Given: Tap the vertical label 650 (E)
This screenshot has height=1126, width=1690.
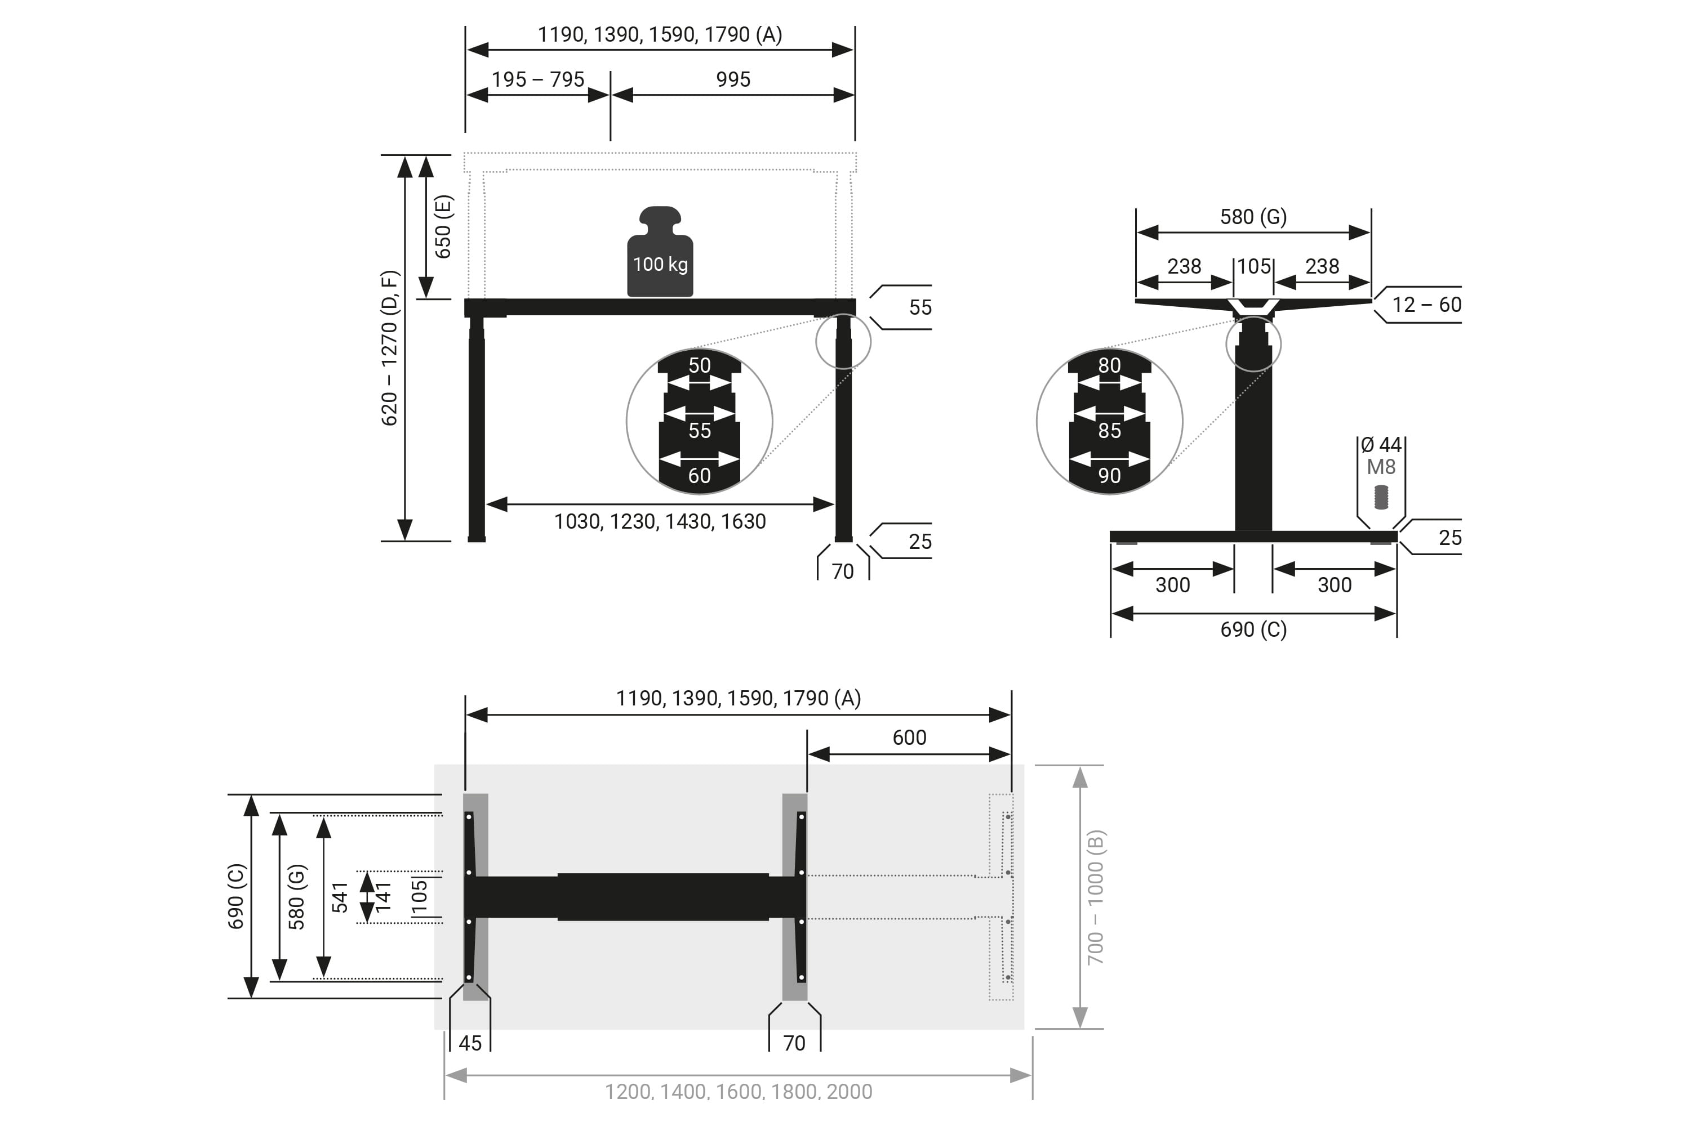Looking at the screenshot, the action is tap(443, 227).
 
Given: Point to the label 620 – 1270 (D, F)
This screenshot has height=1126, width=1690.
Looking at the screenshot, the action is tap(389, 347).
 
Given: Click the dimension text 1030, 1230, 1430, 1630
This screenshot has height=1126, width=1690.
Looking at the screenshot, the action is tap(660, 521).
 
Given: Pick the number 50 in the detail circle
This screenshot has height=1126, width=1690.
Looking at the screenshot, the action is tap(699, 365).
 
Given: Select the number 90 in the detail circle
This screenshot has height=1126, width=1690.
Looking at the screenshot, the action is tap(1109, 475).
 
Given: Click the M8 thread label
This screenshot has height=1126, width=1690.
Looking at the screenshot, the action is tap(1380, 467).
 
